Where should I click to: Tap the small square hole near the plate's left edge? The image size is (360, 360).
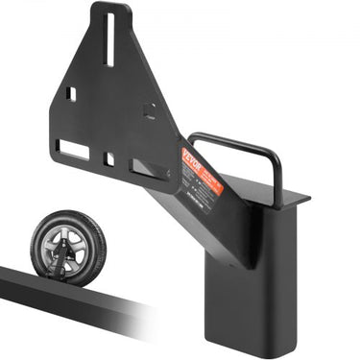tap(70, 94)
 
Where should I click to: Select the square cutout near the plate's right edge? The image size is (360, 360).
tap(149, 108)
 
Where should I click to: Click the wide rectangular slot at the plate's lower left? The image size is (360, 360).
tap(73, 149)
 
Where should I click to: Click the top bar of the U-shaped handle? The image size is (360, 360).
tap(230, 140)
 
